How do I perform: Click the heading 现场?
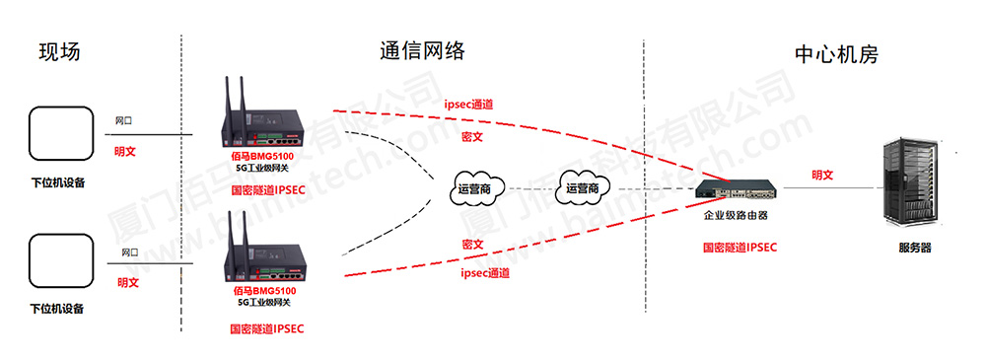pos(59,51)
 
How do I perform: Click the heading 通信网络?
pos(422,51)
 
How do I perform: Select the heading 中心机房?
pos(836,53)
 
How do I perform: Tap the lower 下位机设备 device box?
pos(57,261)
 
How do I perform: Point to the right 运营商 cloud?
pos(584,187)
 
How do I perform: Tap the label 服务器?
pos(914,248)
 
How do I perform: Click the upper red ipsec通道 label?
pos(468,104)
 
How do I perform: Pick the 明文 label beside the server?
pos(822,175)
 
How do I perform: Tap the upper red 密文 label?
pos(471,135)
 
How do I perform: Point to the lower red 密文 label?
pos(471,244)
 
